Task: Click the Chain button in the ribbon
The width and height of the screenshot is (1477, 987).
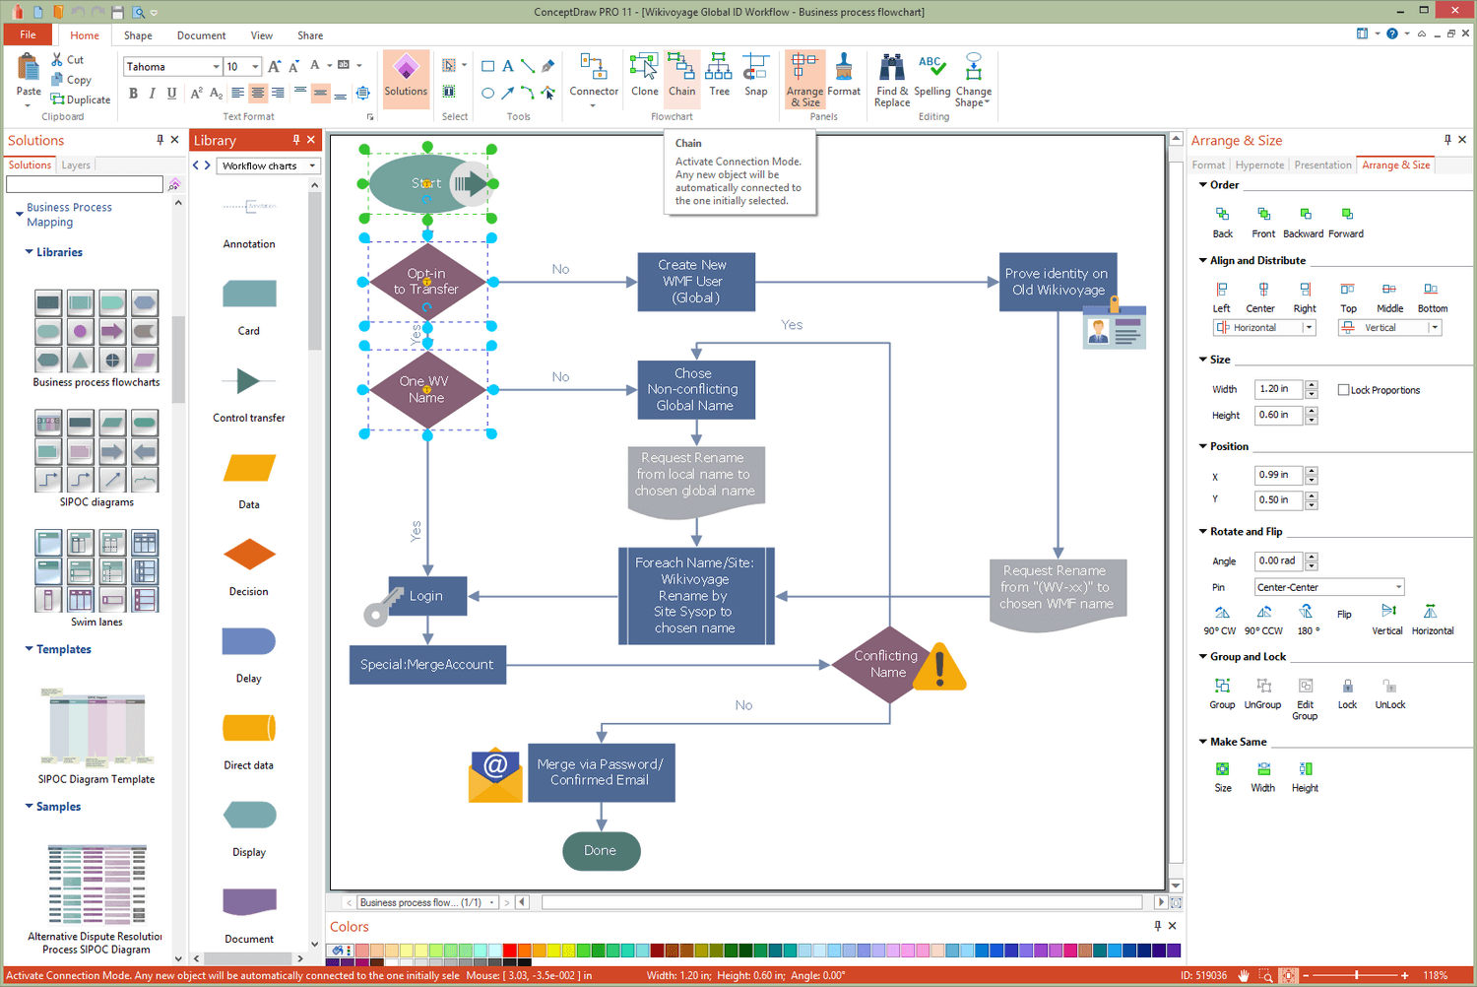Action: pos(681,75)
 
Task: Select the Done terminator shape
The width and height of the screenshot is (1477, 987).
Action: pos(601,851)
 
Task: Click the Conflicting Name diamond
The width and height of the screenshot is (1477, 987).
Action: pos(887,665)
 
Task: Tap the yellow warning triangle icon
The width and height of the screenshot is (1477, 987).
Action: pos(940,667)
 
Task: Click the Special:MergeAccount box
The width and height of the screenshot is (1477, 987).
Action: pos(427,665)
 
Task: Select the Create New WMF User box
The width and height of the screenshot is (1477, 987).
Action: pos(695,282)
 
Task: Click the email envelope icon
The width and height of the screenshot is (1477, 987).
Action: pos(495,774)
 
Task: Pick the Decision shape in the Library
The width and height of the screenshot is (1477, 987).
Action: pos(249,556)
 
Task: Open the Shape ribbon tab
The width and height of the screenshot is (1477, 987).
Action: pos(138,35)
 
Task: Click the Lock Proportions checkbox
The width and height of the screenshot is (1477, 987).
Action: pos(1343,390)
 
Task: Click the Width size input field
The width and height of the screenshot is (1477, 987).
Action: pos(1278,389)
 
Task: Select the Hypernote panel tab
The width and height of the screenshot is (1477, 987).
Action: pos(1259,165)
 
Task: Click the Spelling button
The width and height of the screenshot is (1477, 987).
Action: pos(931,75)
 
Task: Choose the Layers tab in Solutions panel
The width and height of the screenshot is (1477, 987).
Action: pos(76,165)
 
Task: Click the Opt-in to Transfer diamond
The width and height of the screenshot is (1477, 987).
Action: pos(426,282)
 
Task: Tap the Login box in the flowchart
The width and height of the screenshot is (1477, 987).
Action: pos(426,596)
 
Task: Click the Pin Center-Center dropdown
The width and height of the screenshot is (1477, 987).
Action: pos(1328,587)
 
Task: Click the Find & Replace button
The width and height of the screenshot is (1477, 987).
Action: pos(892,79)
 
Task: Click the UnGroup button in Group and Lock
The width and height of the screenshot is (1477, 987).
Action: pos(1263,691)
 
